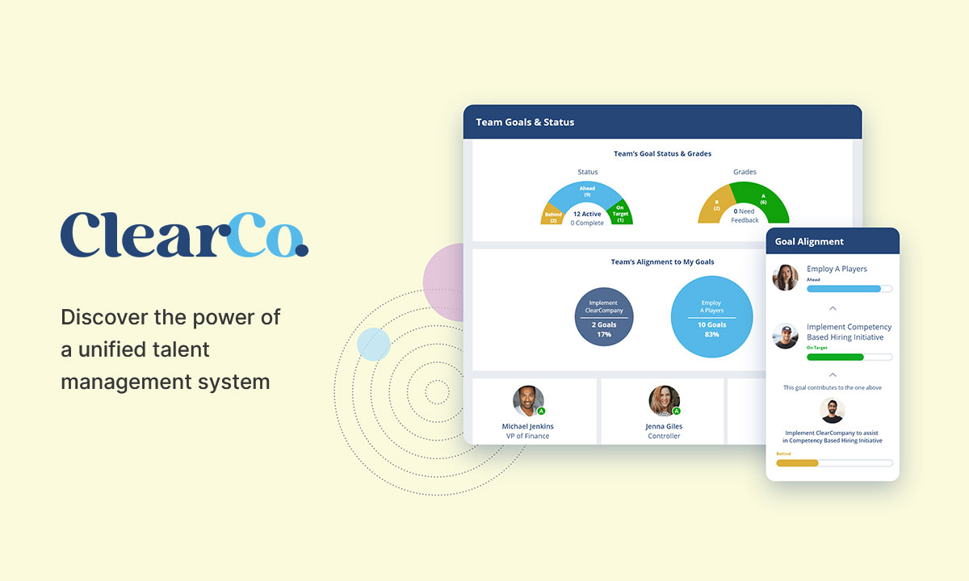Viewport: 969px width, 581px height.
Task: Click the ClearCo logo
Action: click(x=184, y=235)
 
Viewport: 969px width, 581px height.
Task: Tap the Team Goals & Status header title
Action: click(x=525, y=122)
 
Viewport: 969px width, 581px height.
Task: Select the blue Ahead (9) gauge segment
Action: click(x=588, y=194)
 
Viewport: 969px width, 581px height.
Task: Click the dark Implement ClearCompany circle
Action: click(x=604, y=317)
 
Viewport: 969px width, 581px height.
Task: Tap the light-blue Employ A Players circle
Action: click(x=711, y=317)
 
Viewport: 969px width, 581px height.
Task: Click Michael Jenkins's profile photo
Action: click(x=528, y=401)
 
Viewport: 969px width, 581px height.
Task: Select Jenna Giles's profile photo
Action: click(x=664, y=401)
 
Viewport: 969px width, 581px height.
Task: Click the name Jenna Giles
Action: click(x=664, y=426)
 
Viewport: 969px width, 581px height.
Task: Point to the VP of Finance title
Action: click(x=527, y=437)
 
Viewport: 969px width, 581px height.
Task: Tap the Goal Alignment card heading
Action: click(x=809, y=241)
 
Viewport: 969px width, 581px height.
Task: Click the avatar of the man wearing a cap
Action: click(x=786, y=336)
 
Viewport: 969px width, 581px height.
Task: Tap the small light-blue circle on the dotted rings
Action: click(x=373, y=345)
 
